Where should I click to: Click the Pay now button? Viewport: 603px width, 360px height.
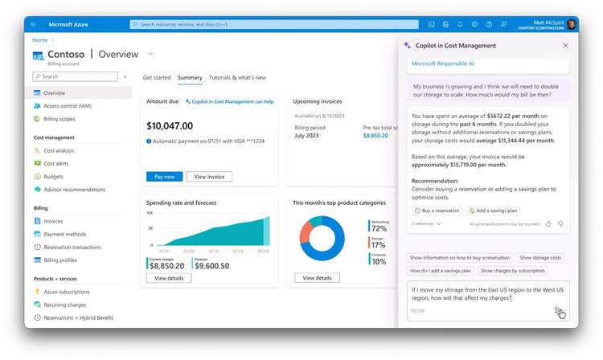pos(164,176)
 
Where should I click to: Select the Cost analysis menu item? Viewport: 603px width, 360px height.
pos(58,150)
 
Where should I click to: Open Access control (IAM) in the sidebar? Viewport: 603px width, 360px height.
pos(67,105)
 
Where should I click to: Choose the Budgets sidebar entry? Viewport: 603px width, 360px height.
pos(53,176)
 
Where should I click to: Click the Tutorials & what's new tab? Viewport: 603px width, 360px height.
pos(237,77)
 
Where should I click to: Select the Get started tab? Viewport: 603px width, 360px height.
pos(157,77)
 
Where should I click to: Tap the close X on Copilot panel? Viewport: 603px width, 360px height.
pos(565,46)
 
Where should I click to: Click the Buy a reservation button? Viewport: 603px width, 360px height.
pos(437,211)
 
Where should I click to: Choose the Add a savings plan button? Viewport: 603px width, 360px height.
pos(493,211)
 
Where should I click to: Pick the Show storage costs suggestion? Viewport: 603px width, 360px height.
pos(540,258)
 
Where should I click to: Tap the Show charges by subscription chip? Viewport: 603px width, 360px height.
pos(512,271)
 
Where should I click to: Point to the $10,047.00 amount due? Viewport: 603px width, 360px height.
pos(170,126)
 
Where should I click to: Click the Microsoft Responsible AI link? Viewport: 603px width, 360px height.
pos(444,63)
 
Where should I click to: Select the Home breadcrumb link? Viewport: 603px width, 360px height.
pos(39,39)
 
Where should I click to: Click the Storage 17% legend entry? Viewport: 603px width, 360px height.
pos(378,243)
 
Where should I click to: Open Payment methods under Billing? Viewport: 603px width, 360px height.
pos(64,234)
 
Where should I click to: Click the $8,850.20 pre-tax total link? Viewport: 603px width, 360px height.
pos(375,136)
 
